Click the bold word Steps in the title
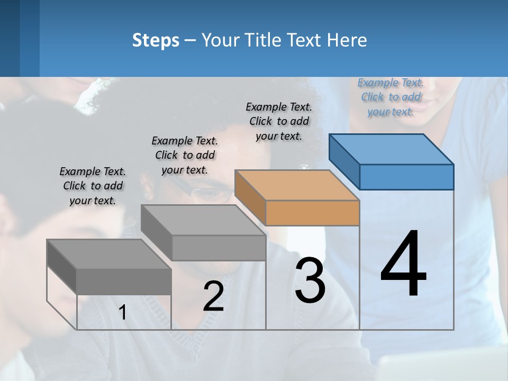(x=156, y=40)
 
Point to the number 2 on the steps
(x=213, y=296)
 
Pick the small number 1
(x=123, y=313)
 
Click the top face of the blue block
(x=392, y=149)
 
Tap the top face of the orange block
(x=297, y=185)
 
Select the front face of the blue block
(x=406, y=177)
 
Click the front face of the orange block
(x=312, y=213)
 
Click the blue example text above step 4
(x=391, y=97)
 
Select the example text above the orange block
(x=279, y=121)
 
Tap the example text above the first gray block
(x=93, y=186)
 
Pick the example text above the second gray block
(x=185, y=155)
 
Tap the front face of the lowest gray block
(x=124, y=281)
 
